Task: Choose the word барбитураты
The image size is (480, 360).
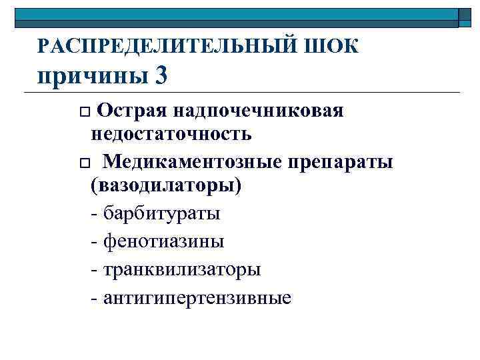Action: pyautogui.click(x=161, y=214)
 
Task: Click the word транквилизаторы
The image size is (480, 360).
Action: pyautogui.click(x=181, y=269)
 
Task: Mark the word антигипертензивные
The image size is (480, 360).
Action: pyautogui.click(x=197, y=297)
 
